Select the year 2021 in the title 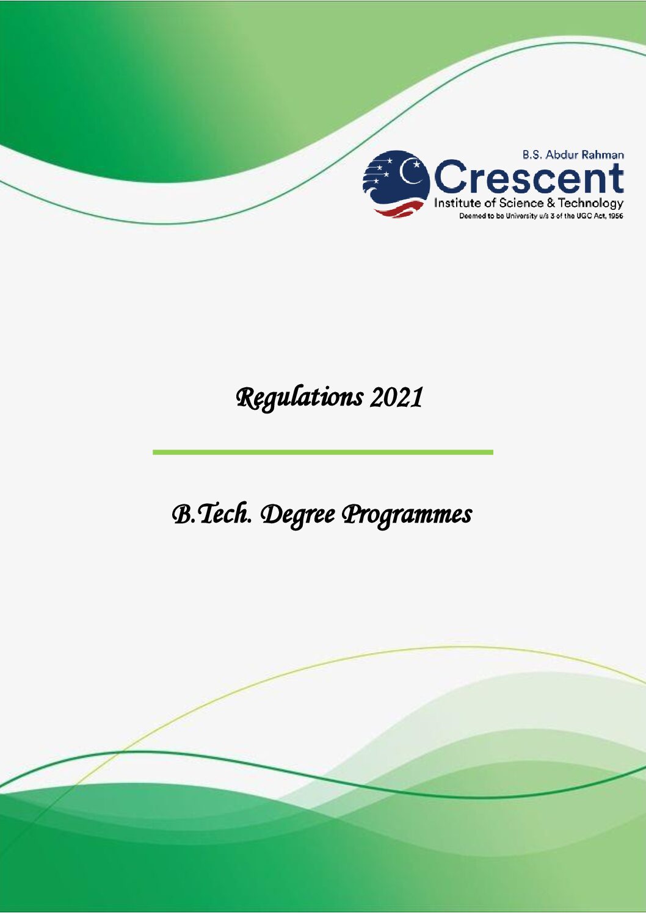point(396,398)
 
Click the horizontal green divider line point(323,452)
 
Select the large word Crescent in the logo point(529,177)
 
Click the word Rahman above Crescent point(603,154)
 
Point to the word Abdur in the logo point(562,154)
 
